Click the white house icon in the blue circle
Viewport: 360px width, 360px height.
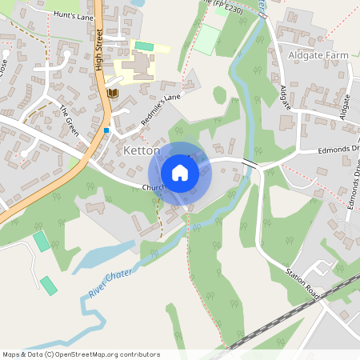(180, 173)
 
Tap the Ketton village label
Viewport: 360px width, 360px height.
(143, 150)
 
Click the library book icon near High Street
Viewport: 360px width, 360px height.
(112, 94)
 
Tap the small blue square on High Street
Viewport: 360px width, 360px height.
(106, 130)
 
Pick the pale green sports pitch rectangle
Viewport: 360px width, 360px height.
(207, 39)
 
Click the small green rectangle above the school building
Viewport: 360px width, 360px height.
(144, 46)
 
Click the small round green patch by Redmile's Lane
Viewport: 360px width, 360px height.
(219, 95)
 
